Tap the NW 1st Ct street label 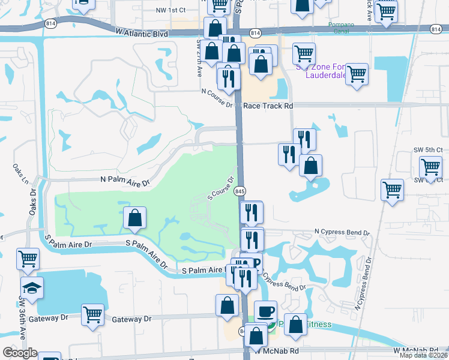click(x=170, y=10)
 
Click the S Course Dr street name click(x=220, y=188)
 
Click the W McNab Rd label click(x=414, y=350)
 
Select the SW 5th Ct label click(x=430, y=149)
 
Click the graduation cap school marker click(x=31, y=287)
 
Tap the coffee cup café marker click(x=265, y=312)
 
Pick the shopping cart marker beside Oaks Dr click(x=28, y=259)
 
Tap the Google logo click(x=19, y=353)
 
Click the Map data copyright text click(x=423, y=355)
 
